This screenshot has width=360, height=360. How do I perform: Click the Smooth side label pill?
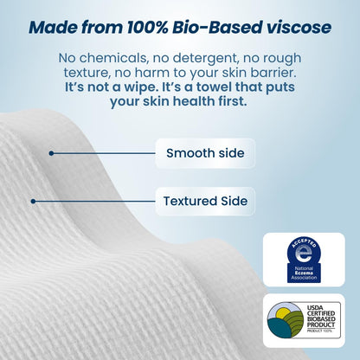[205, 154]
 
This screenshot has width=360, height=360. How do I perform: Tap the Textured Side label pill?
[205, 202]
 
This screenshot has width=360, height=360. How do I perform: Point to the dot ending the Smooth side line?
[51, 153]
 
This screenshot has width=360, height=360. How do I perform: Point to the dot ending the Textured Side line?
[33, 202]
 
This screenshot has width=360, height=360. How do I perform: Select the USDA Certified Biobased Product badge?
[303, 320]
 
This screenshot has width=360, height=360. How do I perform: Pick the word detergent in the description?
[184, 57]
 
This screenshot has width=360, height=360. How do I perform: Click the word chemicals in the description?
[111, 57]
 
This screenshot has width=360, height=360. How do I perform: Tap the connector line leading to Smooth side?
[104, 153]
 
